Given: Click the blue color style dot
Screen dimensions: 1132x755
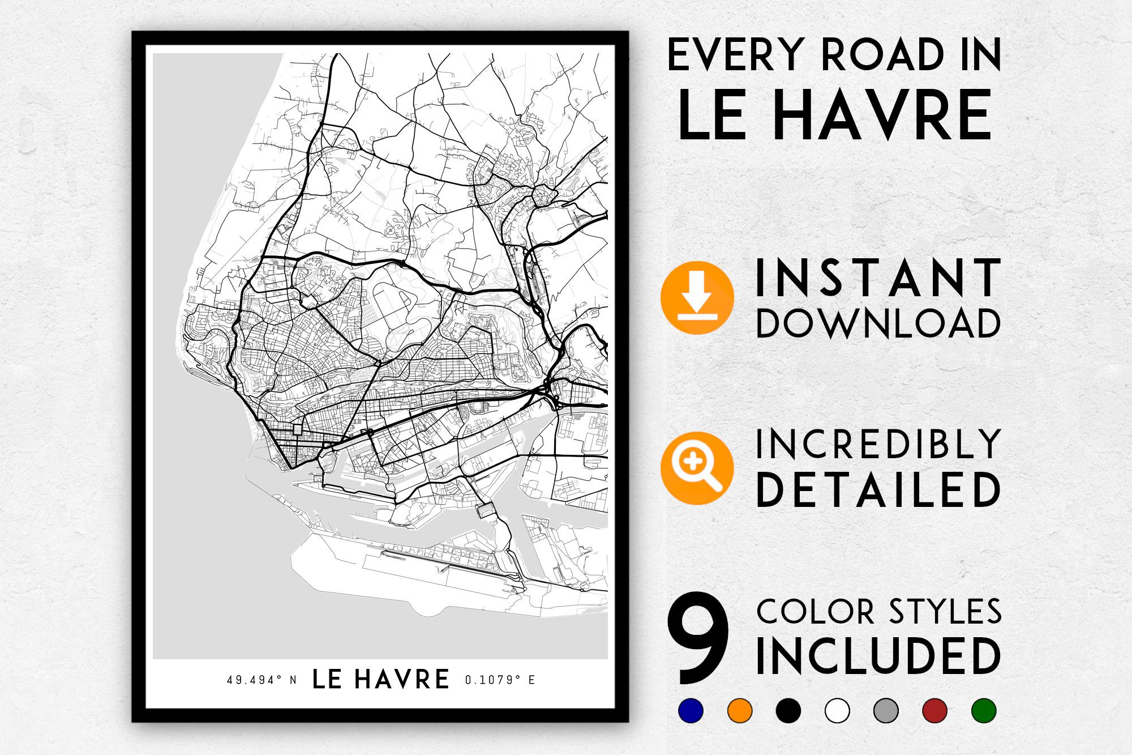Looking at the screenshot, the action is tap(691, 710).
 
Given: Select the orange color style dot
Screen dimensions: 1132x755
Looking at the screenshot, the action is tap(740, 710).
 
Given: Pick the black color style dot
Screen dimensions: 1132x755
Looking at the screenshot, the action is tap(788, 710).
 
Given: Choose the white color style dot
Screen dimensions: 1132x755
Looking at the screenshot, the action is tap(837, 710).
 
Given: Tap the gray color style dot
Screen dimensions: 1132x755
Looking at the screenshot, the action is tap(886, 710).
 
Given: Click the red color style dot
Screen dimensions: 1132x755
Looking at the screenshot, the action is tap(934, 710).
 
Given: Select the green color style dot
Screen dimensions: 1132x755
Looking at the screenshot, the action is tap(984, 710).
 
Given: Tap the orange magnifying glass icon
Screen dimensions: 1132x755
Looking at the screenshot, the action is tap(697, 468).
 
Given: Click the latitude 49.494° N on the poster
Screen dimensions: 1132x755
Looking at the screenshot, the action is tap(261, 680).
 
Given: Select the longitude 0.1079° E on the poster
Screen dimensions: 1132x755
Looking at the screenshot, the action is tap(500, 680).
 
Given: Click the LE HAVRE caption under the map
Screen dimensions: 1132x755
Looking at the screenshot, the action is tap(381, 679).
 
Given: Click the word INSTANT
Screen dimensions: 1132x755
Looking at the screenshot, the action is tap(878, 278).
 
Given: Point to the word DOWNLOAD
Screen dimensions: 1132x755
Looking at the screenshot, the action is tap(878, 323).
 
